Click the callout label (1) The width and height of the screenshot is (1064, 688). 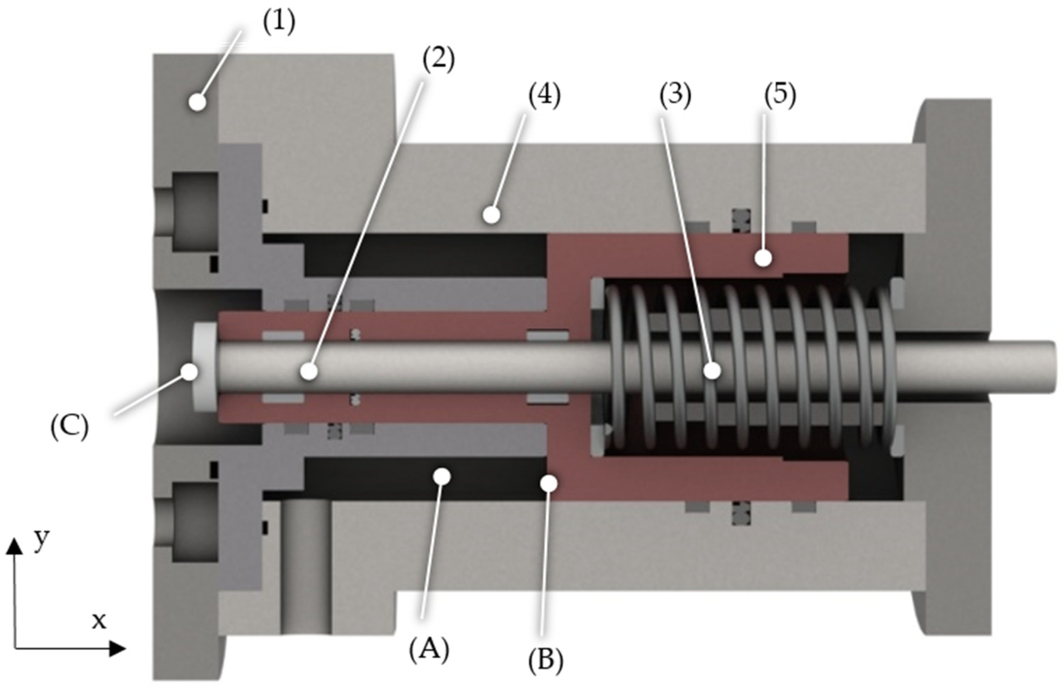(279, 23)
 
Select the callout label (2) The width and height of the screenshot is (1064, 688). (439, 60)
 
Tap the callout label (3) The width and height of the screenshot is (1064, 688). (675, 96)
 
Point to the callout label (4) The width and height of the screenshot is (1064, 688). (544, 96)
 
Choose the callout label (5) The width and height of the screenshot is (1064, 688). (780, 96)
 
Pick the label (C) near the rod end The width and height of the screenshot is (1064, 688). (69, 428)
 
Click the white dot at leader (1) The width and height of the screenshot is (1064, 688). (197, 102)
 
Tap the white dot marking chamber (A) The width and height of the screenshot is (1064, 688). (442, 477)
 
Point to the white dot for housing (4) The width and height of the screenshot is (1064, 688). (491, 215)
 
